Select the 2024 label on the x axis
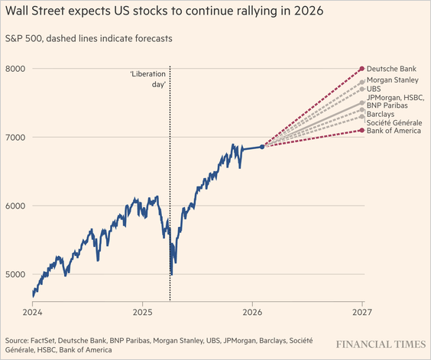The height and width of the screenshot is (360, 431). coord(33,312)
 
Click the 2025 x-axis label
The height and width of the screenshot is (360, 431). coord(143,312)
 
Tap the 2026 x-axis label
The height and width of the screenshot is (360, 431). coord(252,312)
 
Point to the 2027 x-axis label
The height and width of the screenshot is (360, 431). coord(362,312)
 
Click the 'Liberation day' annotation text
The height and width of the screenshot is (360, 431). coord(149,79)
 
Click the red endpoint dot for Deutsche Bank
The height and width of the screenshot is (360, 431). coord(362,69)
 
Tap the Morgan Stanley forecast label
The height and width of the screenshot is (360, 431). coord(393,79)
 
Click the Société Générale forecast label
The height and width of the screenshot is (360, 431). coord(393,123)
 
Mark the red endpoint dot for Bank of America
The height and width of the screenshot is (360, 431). coord(362,131)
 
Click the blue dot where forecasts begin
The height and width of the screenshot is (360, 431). coord(263,147)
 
